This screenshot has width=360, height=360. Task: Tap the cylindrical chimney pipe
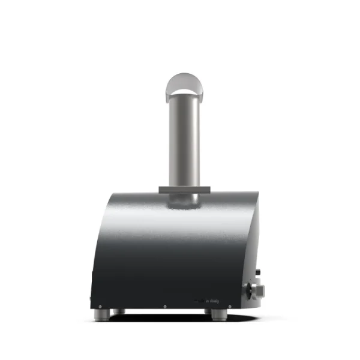click(183, 138)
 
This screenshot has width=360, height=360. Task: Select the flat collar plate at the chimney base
click(184, 190)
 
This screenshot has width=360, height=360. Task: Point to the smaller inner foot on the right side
click(206, 311)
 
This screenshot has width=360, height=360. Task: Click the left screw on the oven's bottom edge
click(100, 306)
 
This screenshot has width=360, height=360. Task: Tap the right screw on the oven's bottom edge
click(229, 306)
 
